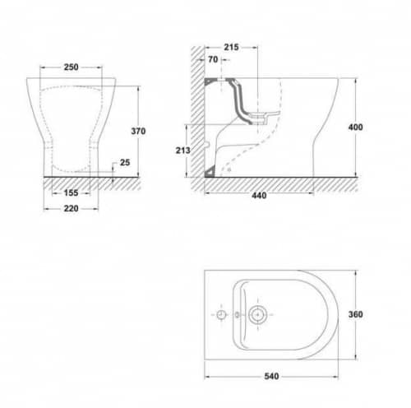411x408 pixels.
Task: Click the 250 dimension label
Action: pos(71,67)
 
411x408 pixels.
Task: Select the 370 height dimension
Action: pos(138,132)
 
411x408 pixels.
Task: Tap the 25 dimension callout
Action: pos(125,163)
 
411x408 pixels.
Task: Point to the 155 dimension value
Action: pos(71,193)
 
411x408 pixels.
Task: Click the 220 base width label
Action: pos(71,209)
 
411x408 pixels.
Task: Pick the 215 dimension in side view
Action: pos(231,47)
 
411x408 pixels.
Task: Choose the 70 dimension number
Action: pos(213,59)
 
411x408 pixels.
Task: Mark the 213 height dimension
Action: pos(182,151)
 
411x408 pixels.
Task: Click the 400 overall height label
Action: pos(355,128)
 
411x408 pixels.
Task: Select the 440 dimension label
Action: pos(259,196)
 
